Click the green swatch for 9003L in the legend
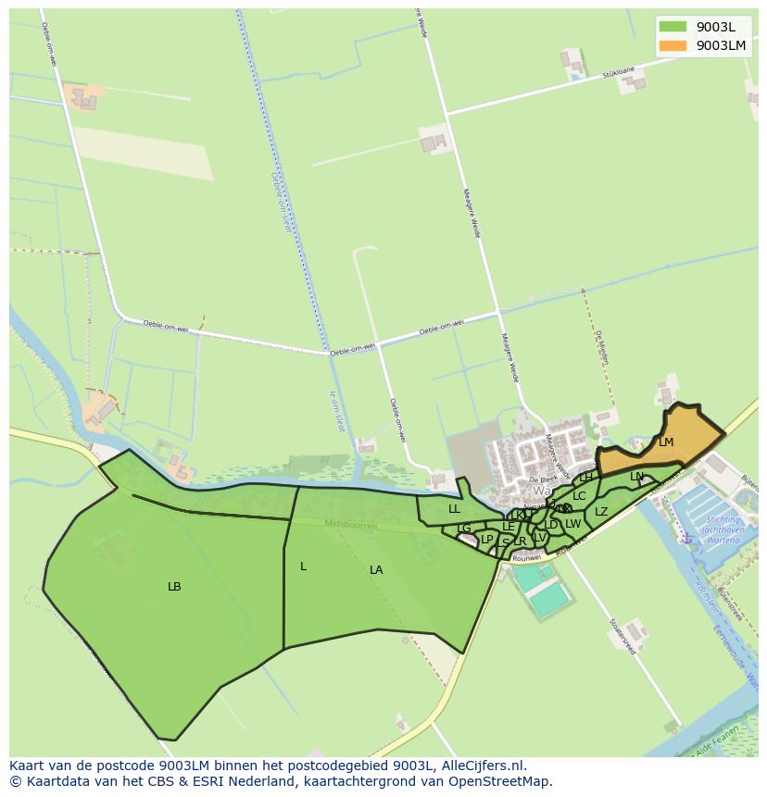pos(673,27)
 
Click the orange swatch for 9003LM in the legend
pos(673,45)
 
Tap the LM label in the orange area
pos(666,442)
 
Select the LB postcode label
pos(174,587)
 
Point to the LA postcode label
pos(376,570)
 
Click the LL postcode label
pos(454,509)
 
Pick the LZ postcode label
pos(601,512)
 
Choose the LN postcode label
pos(636,477)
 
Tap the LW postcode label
pos(572,524)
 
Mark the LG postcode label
pos(464,529)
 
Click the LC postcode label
pos(579,496)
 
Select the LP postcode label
pos(487,539)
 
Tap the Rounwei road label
pos(526,557)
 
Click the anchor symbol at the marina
pos(686,537)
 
